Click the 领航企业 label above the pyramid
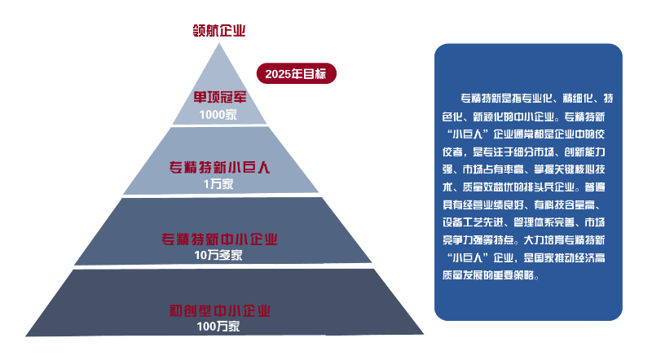(219, 31)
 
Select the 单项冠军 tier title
(219, 98)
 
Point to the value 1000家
(217, 115)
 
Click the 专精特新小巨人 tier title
(219, 168)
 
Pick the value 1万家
(218, 184)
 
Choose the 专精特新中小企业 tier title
(219, 239)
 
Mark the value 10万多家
(218, 256)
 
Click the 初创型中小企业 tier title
(219, 310)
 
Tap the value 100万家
(218, 327)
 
